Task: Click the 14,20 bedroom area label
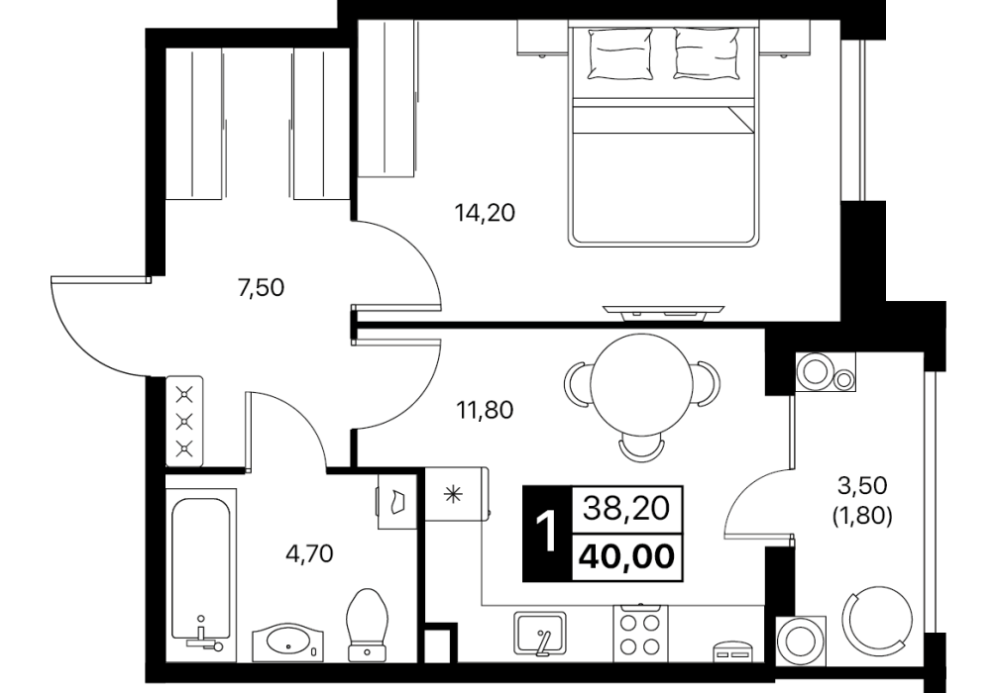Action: [x=485, y=213]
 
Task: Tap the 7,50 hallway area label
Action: [x=261, y=288]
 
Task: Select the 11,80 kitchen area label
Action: [x=485, y=410]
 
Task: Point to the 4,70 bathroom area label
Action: [x=309, y=553]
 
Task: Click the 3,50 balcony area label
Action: [x=862, y=486]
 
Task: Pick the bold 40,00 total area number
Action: [x=626, y=557]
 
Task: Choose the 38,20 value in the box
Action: [x=627, y=508]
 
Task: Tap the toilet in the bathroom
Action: [x=369, y=626]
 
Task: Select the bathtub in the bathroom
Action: [x=201, y=569]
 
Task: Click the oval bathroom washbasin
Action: [x=288, y=642]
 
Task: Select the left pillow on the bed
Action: [x=620, y=54]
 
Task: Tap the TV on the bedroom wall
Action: [x=664, y=310]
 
